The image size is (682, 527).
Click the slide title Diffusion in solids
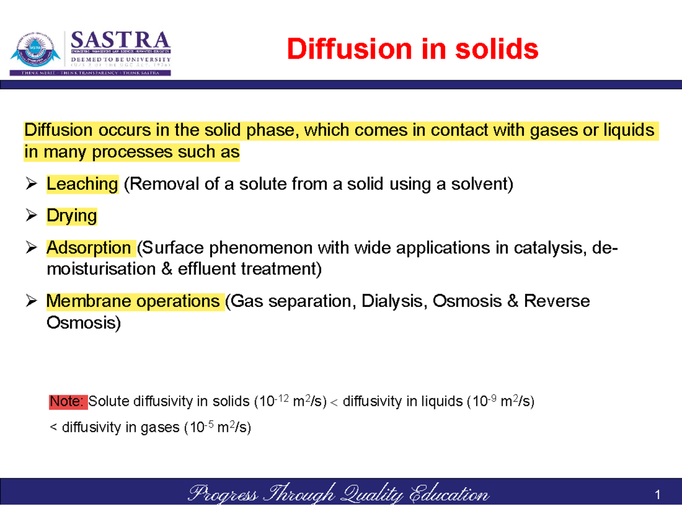412,49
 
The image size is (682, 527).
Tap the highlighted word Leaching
82,184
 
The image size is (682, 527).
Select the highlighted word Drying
72,216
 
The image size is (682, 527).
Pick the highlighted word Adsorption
89,248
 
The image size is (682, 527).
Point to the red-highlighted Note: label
68,402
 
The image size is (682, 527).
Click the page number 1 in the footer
658,496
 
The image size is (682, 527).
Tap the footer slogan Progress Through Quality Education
338,495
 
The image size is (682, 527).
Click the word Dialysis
401,301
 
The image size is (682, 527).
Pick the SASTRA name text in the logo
120,41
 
